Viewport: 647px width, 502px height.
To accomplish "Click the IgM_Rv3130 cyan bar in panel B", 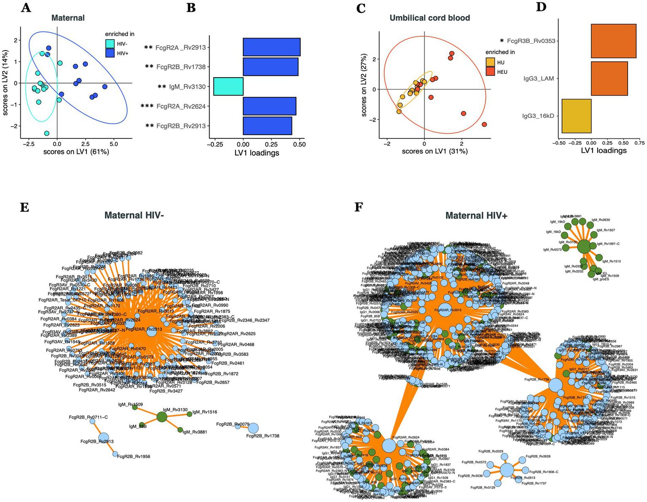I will pos(228,86).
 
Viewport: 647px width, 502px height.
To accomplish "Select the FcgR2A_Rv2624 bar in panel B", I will pos(269,106).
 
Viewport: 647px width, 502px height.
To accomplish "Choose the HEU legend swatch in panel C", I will pos(490,72).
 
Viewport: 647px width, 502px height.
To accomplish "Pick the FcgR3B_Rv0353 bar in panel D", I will pos(613,41).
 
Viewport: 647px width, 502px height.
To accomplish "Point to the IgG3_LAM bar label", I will pos(539,78).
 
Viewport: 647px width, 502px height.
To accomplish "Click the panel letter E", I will pos(24,207).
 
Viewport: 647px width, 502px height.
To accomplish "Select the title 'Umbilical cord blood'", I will pos(430,18).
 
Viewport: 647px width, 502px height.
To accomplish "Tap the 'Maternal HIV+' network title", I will pos(476,216).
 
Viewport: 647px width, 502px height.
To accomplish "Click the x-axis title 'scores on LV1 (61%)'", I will pos(76,151).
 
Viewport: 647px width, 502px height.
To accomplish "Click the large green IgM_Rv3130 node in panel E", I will pos(162,417).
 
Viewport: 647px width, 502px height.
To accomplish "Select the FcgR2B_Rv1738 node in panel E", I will pos(253,428).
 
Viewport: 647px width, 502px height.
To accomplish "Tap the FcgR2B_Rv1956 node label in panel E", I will pos(134,456).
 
